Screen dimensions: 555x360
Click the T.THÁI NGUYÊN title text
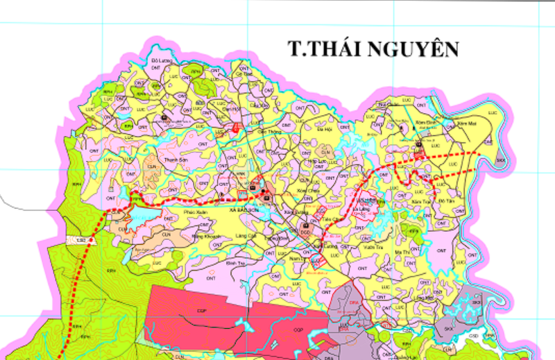[374, 49]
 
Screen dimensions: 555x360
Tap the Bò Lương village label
[161, 61]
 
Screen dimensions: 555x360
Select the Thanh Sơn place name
[176, 160]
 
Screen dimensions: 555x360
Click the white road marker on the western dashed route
[82, 239]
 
